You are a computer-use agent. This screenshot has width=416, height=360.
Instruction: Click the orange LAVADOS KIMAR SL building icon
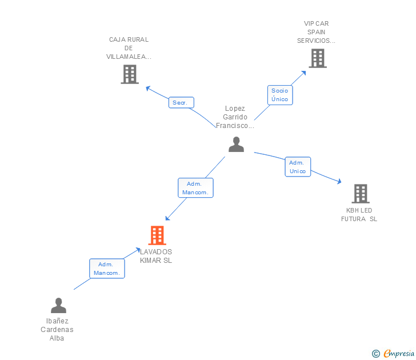(157, 235)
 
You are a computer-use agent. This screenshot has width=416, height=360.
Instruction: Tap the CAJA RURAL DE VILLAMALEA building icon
(130, 74)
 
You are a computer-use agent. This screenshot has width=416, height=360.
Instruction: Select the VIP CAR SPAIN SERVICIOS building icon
(318, 58)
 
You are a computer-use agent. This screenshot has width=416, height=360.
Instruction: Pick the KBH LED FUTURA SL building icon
(361, 194)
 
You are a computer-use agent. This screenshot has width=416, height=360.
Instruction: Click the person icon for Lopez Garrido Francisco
(236, 145)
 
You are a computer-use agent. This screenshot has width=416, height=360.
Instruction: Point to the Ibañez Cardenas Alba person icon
(58, 305)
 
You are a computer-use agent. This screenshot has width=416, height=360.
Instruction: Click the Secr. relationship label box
(181, 102)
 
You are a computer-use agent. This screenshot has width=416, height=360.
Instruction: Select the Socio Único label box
(280, 95)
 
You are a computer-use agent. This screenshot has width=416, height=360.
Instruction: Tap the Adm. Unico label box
(298, 167)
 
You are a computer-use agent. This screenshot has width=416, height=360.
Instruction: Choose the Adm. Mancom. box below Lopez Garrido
(195, 188)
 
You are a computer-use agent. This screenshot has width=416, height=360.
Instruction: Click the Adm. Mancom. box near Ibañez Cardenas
(107, 269)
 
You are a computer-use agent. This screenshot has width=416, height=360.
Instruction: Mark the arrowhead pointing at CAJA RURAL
(148, 88)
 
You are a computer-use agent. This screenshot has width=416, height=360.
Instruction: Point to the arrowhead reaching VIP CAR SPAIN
(303, 73)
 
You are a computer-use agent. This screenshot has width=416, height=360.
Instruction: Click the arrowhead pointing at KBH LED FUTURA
(339, 182)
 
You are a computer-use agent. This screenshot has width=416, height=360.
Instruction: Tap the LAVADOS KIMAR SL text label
(156, 256)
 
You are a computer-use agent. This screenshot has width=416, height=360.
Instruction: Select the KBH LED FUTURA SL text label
(359, 215)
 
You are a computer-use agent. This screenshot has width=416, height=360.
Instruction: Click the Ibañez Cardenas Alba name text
(57, 330)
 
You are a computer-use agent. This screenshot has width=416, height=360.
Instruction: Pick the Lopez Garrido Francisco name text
(235, 117)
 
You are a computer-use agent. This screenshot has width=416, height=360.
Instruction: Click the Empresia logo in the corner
(399, 353)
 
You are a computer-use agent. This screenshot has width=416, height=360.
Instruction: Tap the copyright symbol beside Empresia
(375, 354)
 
